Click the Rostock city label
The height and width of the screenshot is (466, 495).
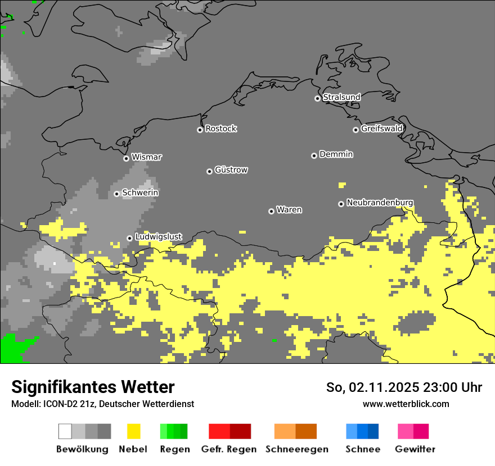[x=220, y=129]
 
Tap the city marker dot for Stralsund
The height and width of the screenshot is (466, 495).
[x=317, y=98]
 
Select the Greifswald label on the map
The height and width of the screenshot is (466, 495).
[x=381, y=129]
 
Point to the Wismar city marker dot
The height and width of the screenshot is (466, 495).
[x=126, y=158]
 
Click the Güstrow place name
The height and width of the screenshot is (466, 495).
[x=231, y=170]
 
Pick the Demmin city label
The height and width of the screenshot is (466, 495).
[x=336, y=154]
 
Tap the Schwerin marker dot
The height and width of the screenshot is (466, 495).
[x=116, y=194]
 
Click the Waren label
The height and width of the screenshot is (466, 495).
[x=289, y=210]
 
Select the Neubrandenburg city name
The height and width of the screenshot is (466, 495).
[x=380, y=202]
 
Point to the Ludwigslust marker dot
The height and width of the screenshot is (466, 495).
[x=129, y=238]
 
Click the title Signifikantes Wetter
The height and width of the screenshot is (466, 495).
[x=93, y=387]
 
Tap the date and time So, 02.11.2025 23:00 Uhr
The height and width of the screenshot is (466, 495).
[x=404, y=387]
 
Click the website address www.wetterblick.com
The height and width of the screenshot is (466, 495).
[x=406, y=404]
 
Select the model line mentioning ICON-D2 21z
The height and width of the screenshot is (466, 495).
[x=102, y=404]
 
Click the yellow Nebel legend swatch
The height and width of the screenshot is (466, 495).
[x=133, y=431]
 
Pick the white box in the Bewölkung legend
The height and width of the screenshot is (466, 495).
[x=65, y=431]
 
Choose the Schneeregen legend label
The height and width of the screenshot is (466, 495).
[x=297, y=449]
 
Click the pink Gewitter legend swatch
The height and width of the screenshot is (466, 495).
[x=406, y=431]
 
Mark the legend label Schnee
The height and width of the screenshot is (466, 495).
[x=362, y=449]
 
